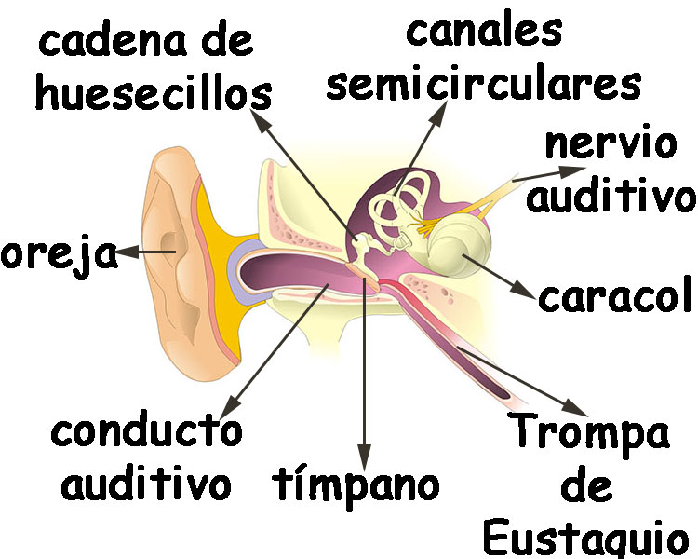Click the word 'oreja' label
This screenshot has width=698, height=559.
point(58,253)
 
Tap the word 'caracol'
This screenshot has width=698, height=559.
point(615,297)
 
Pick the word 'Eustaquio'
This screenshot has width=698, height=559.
point(587,539)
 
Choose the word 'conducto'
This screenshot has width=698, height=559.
point(147,432)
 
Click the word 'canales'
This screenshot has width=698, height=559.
point(485,30)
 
